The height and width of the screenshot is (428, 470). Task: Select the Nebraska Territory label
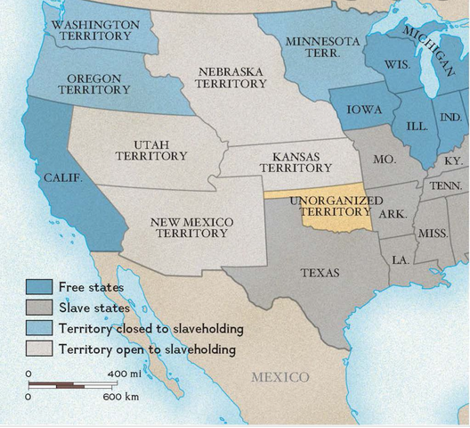[x=232, y=78]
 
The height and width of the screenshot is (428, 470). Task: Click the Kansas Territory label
[x=283, y=161]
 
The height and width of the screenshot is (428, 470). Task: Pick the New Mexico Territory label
[x=192, y=227]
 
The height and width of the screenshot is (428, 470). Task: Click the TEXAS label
[x=319, y=272]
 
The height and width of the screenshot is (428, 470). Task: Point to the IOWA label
[x=359, y=111]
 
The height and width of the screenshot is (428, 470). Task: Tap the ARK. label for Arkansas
[x=392, y=214]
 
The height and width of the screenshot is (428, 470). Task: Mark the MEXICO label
[x=280, y=376]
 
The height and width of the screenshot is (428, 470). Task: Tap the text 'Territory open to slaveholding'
[x=147, y=350]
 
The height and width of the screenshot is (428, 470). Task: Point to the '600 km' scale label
[x=119, y=396]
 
